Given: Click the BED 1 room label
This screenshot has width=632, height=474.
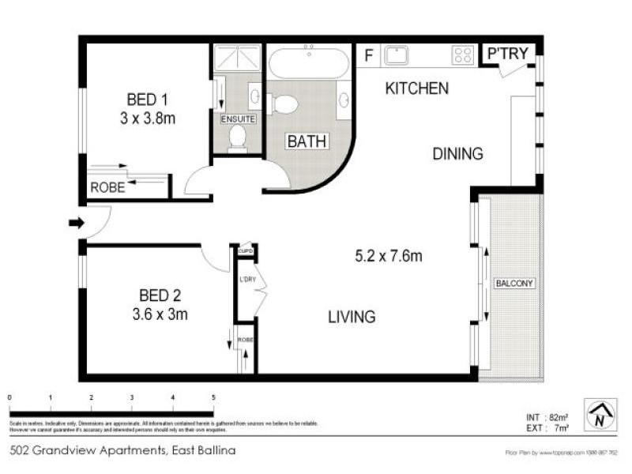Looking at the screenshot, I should coord(147,100).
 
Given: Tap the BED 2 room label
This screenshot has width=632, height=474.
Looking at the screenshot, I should coord(160,296).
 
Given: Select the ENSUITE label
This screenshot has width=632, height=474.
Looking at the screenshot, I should coord(238,119).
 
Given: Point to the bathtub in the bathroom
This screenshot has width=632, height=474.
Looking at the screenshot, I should coord(308,62).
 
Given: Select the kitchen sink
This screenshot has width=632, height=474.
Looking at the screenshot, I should coord(395,55).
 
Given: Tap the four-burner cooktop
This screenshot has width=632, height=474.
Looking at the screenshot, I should coord(463,55).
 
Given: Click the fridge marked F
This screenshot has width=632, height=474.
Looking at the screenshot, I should coord(367,55).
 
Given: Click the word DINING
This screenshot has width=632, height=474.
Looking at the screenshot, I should coord(457,154).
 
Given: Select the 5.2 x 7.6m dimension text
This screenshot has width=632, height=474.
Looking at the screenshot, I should coord(387,256).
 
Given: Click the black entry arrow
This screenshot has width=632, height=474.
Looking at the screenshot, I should coord(76,224).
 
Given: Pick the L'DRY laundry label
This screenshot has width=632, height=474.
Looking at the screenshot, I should coord(246,279).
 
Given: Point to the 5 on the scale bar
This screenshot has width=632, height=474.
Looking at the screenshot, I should coord(213,397).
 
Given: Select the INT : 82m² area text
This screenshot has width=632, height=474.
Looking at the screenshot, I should coord(544,417).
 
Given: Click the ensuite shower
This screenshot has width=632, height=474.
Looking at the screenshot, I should coord(237,57).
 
